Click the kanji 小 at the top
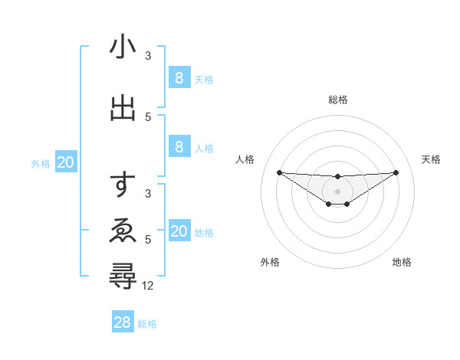pos(123,47)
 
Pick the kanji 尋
pos(123,277)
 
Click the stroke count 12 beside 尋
pos(148,286)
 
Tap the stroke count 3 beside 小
pos(148,56)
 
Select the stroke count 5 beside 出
pos(148,117)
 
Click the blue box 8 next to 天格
pos(179,77)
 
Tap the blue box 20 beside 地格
pos(179,231)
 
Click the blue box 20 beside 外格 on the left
pos(66,162)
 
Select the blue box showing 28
pos(123,322)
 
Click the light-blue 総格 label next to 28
pos(147,324)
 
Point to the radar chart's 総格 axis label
pos(337,100)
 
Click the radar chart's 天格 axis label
pos(431,159)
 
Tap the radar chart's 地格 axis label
pos(402,262)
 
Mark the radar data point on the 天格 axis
pos(396,172)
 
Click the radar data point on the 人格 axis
pos(279,172)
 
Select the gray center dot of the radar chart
pos(337,191)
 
